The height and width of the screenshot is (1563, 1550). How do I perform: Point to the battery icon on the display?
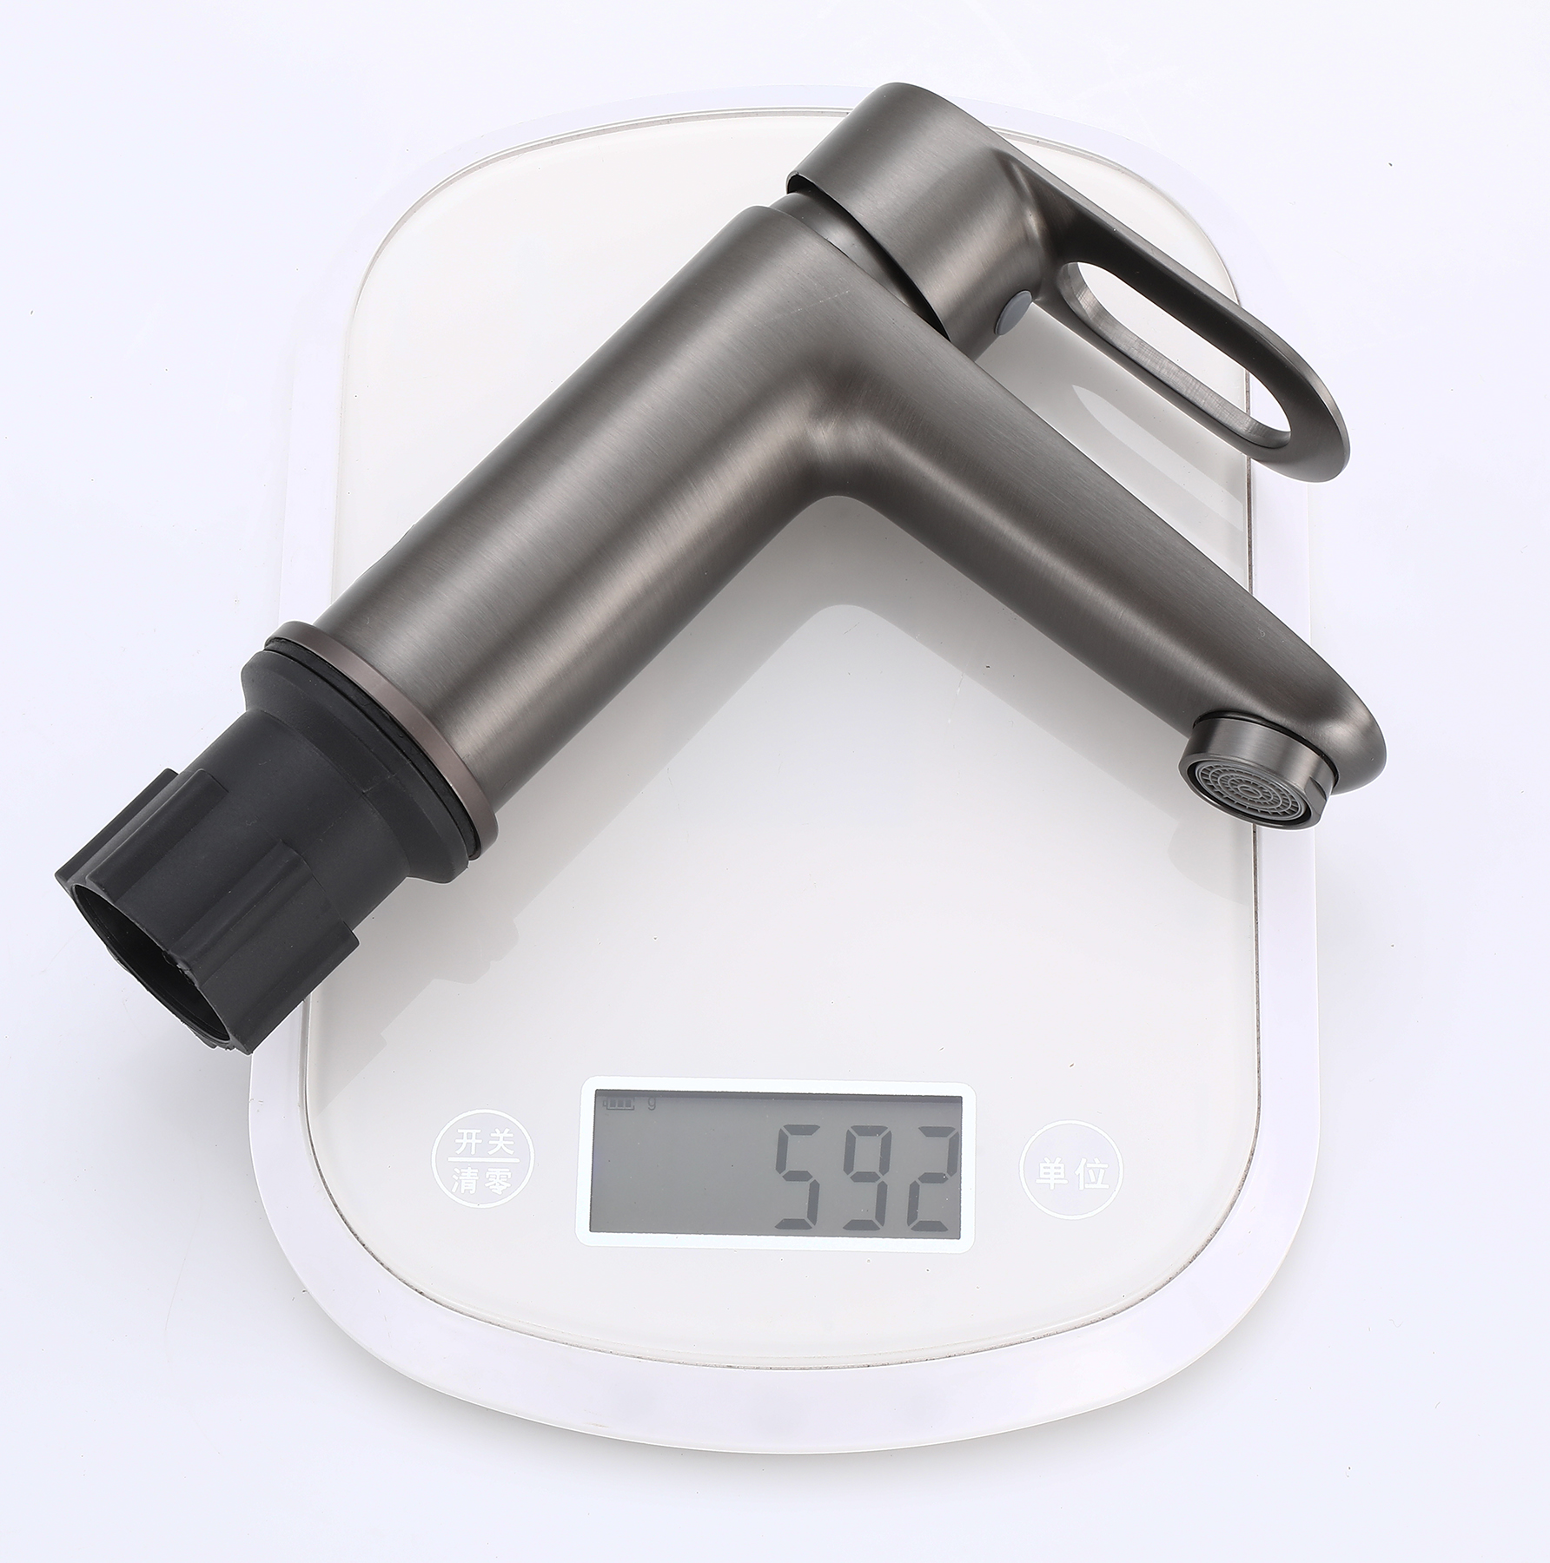619,1105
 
